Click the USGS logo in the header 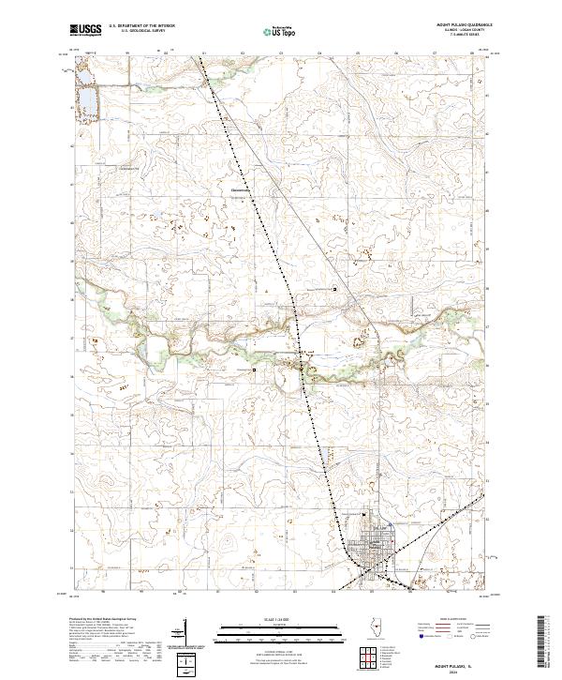86,31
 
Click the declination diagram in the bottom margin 188,664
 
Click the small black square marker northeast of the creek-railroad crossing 336,289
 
